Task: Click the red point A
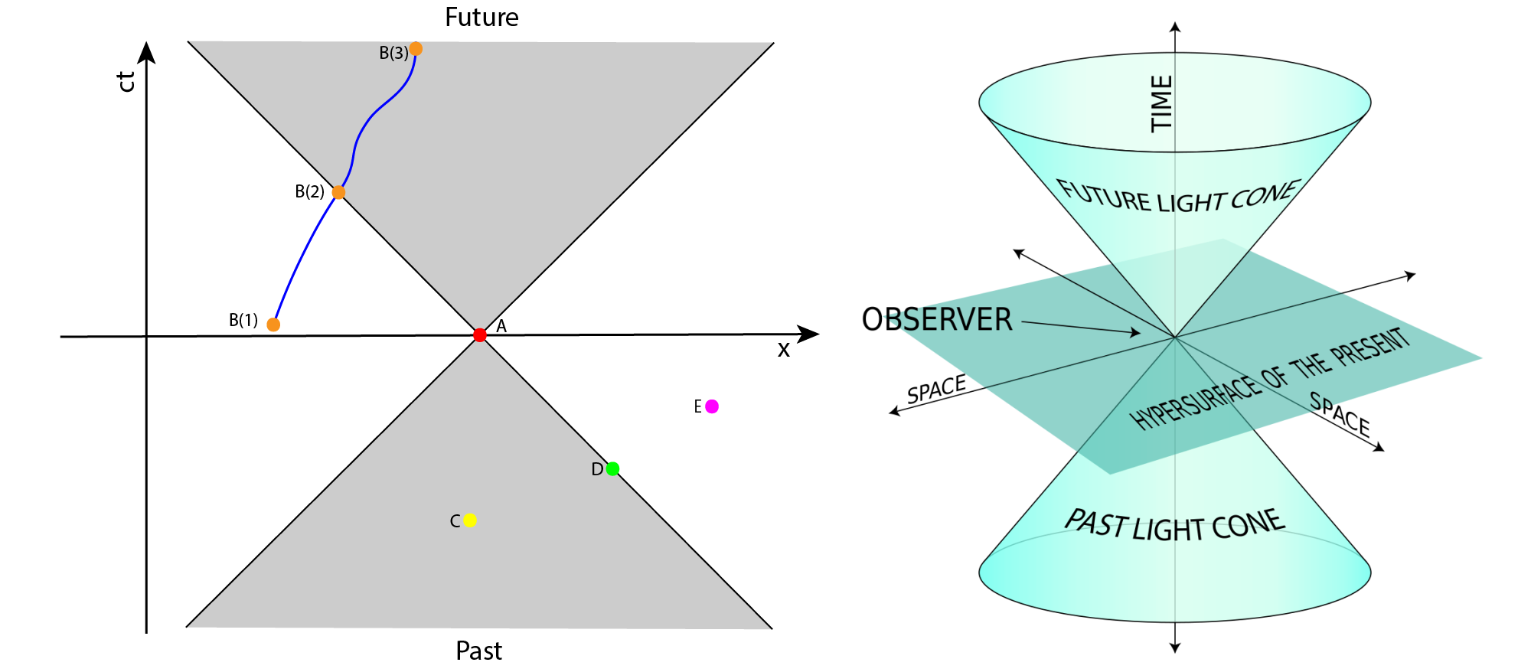[480, 335]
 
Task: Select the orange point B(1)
[273, 325]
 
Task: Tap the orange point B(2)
[338, 192]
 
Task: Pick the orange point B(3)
[416, 49]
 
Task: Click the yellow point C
[470, 520]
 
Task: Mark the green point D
[612, 468]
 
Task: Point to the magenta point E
[712, 406]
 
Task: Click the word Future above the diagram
[481, 17]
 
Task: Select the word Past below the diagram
[478, 651]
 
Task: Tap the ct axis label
[126, 81]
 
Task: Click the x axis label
[783, 350]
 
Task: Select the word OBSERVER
[937, 319]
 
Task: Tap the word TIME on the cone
[1161, 103]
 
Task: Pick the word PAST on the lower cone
[1096, 524]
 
